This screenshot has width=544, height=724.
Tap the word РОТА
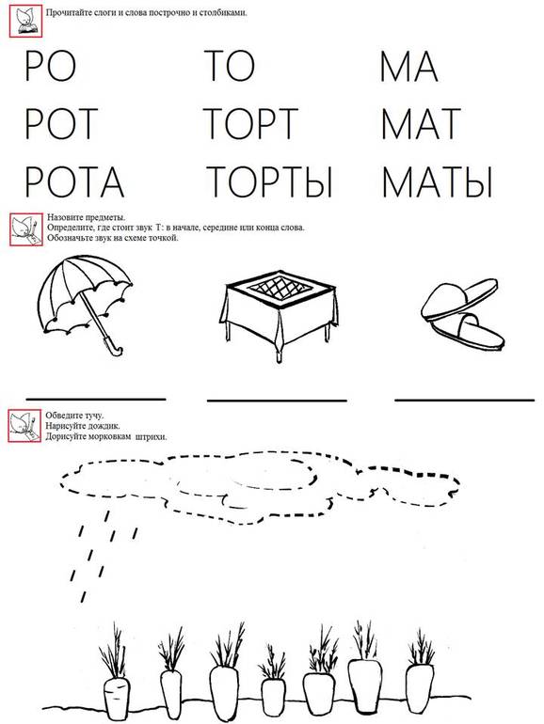pos(74,179)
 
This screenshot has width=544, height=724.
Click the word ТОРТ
pos(249,123)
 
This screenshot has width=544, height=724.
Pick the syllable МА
pos(409,67)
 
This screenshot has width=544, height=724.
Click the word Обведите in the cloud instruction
pos(58,415)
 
